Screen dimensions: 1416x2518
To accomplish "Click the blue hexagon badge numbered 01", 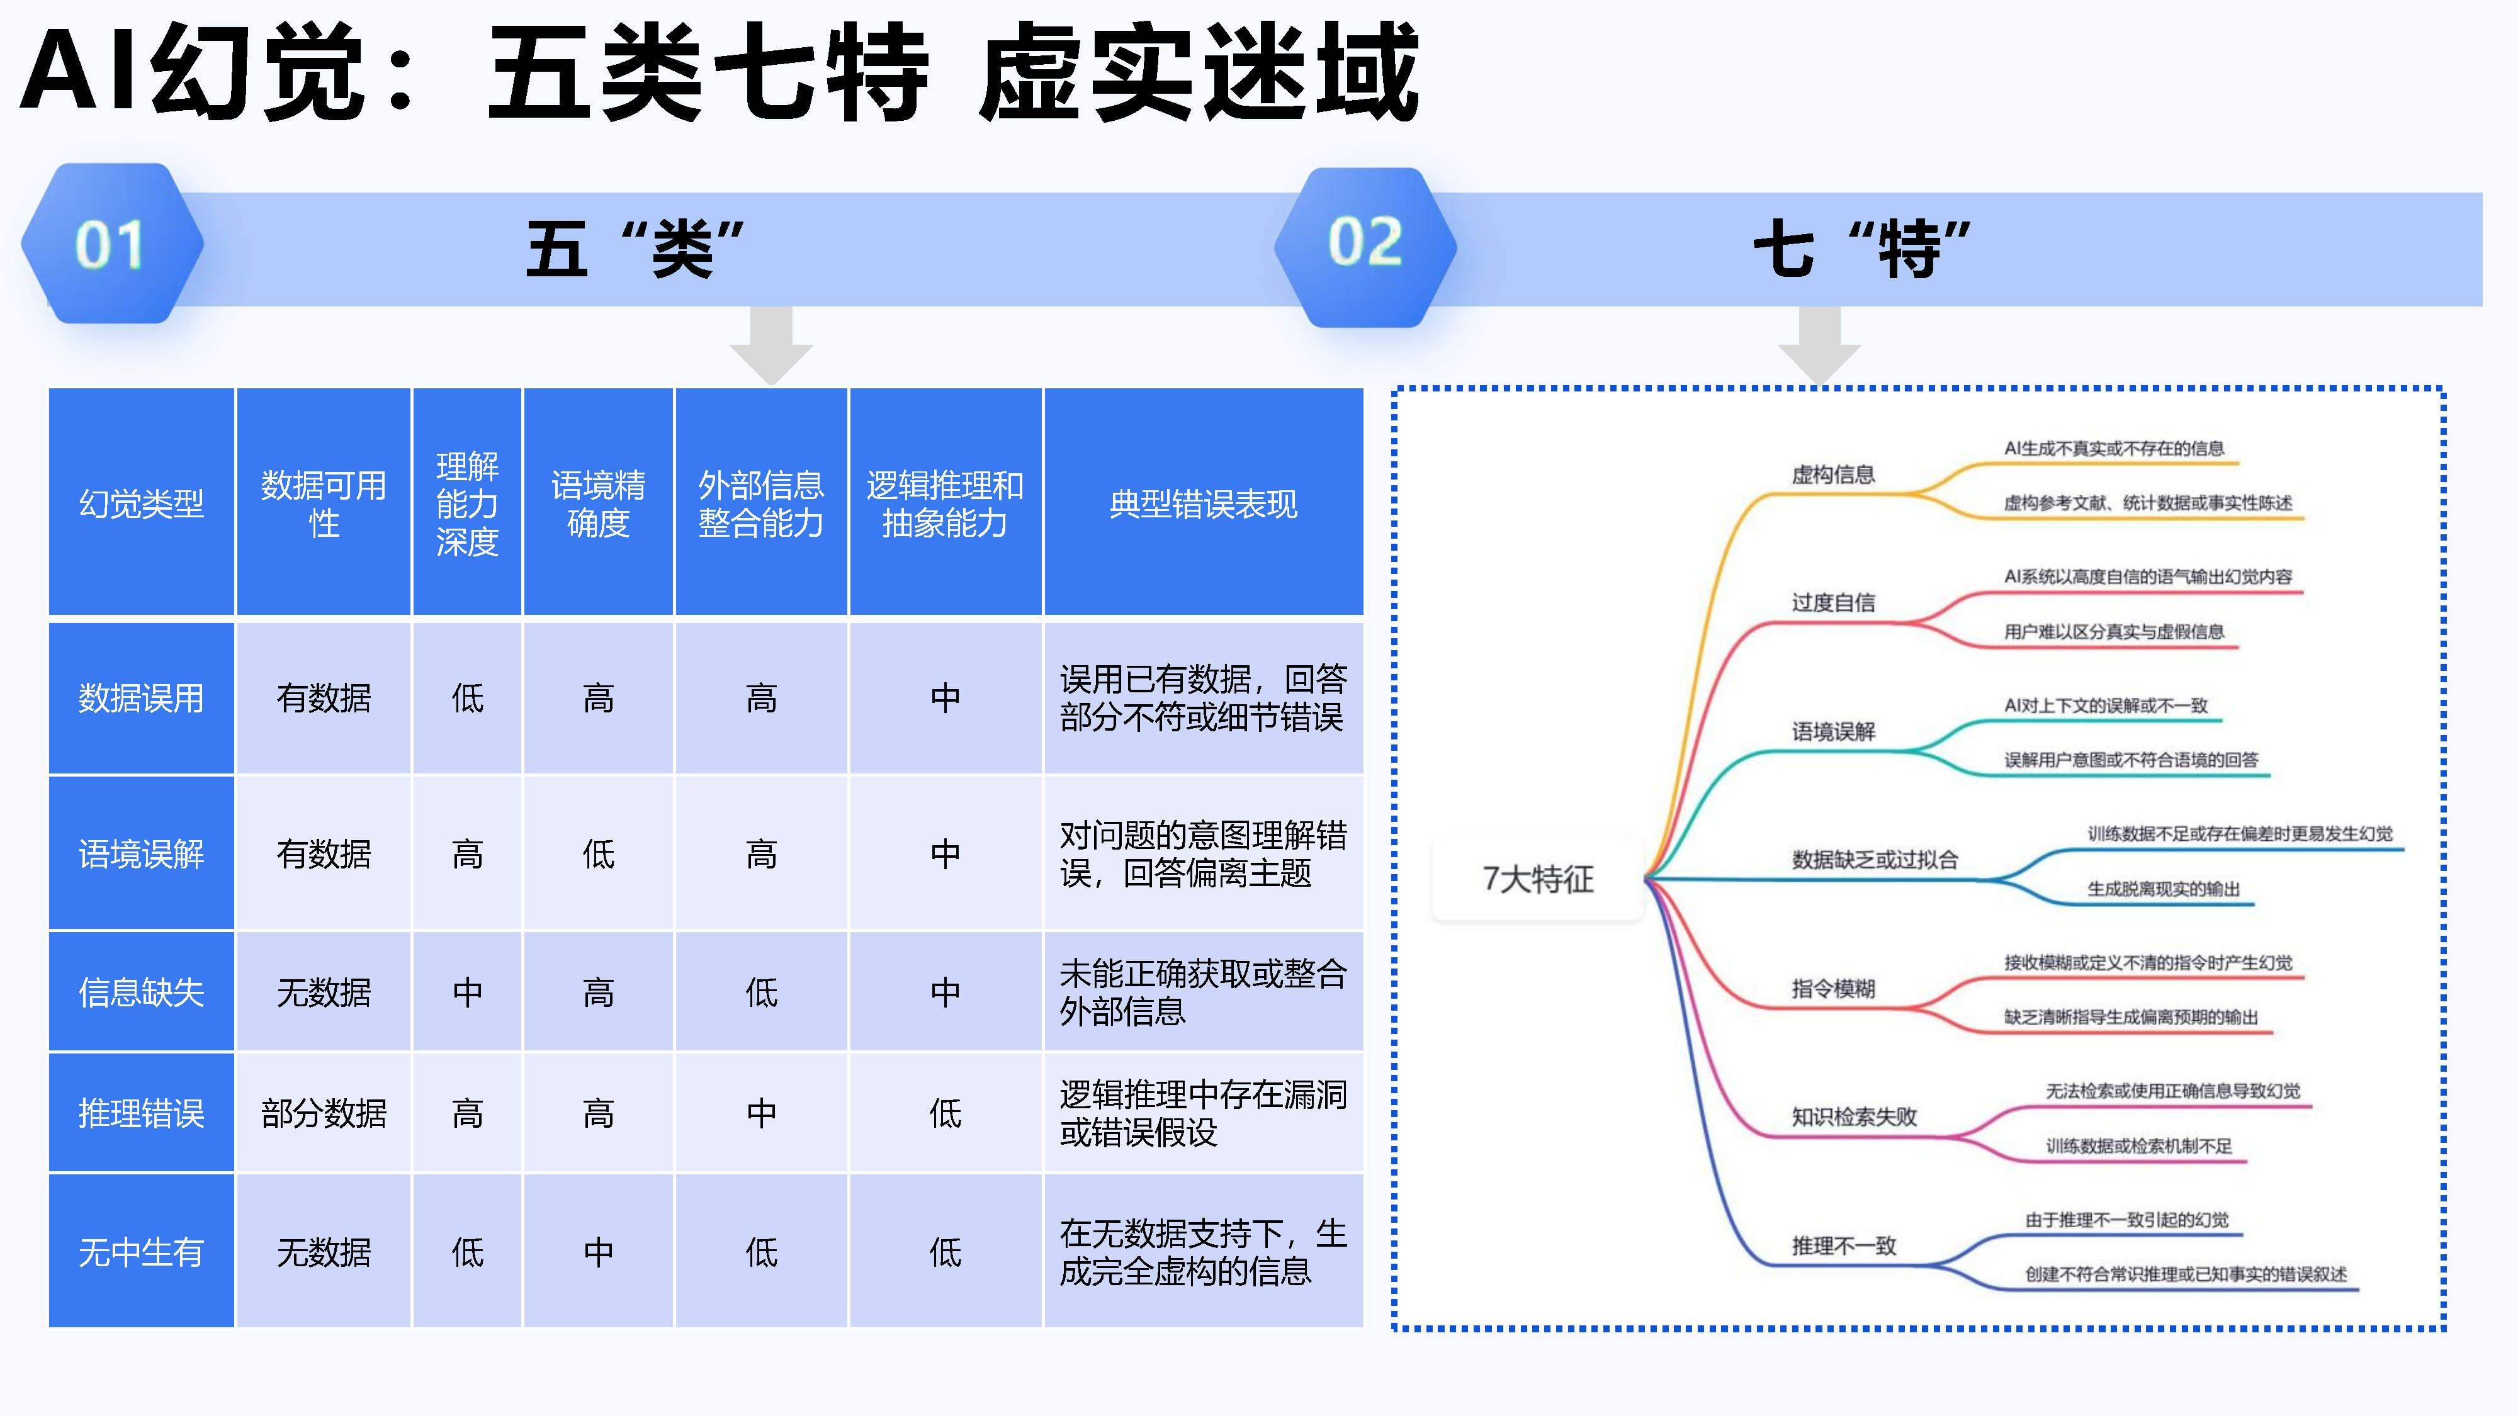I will point(111,244).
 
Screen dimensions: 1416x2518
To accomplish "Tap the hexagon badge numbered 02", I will point(1365,244).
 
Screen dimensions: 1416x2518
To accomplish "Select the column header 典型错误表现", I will point(1203,503).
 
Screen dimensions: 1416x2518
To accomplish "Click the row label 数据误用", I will point(141,698).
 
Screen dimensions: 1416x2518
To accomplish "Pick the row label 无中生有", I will point(141,1252).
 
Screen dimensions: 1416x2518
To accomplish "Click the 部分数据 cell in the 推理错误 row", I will point(324,1113).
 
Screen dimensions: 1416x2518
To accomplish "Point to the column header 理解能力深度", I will point(467,503).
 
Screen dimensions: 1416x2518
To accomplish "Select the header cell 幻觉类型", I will point(141,503).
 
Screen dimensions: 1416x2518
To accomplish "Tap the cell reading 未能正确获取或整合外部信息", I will point(1202,992).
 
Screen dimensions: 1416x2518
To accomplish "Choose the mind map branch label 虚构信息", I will point(1832,475).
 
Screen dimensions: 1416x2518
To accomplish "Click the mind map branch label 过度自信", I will point(1832,603).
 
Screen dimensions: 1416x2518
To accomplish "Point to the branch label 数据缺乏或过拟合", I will point(1875,860).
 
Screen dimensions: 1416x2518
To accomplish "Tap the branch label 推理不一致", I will point(1844,1246).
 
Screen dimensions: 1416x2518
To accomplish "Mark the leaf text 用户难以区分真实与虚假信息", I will point(2113,632).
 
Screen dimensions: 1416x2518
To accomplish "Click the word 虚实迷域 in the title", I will point(1199,73).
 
